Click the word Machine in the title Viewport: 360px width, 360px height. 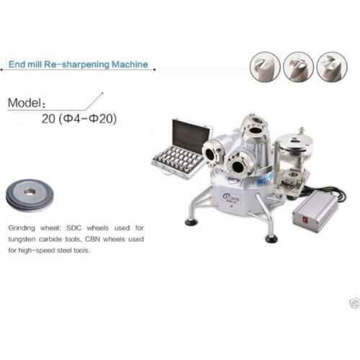click(130, 64)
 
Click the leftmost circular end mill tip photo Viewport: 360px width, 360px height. click(265, 66)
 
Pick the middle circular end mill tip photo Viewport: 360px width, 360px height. click(298, 66)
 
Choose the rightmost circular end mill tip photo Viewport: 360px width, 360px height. click(331, 66)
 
